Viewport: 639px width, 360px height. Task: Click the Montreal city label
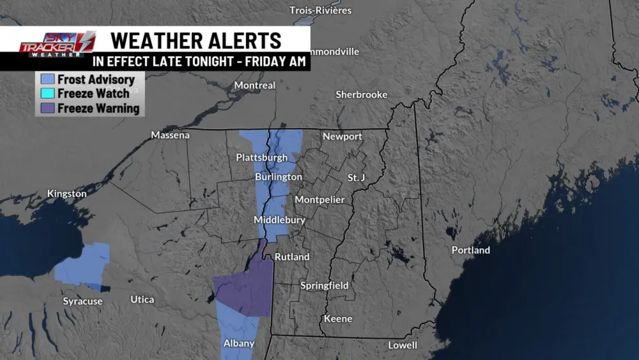point(254,85)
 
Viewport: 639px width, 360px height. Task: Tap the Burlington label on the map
point(278,176)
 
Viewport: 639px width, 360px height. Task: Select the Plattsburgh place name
point(261,157)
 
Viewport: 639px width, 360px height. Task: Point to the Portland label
point(470,250)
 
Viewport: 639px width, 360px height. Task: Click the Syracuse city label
point(82,301)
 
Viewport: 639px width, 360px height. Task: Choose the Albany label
point(239,343)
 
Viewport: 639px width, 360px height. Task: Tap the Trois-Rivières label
point(320,10)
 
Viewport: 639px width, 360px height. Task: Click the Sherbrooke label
point(362,95)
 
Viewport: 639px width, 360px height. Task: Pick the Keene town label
point(338,318)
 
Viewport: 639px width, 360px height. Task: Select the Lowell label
point(403,345)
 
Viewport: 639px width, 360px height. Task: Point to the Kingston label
point(66,194)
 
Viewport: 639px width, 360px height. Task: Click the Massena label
point(170,135)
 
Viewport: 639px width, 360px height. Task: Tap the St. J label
point(355,177)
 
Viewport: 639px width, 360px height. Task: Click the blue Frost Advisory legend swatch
point(46,80)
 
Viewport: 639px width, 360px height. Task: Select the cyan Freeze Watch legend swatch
point(46,94)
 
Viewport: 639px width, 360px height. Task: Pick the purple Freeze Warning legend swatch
point(46,108)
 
